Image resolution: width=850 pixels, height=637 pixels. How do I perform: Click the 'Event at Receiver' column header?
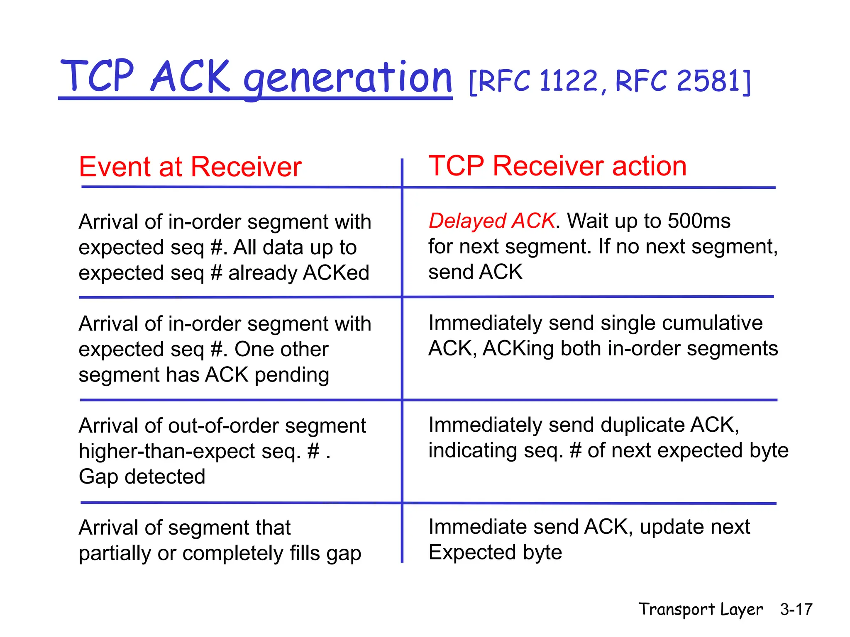tap(190, 167)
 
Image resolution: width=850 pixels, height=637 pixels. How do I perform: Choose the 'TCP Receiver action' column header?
tap(557, 166)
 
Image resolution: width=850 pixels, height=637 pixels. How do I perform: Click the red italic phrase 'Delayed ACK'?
tap(491, 221)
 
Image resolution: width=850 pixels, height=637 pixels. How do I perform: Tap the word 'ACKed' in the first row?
tap(336, 273)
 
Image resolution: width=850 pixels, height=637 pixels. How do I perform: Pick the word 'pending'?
tap(292, 375)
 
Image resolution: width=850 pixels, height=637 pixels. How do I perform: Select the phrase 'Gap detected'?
tap(142, 477)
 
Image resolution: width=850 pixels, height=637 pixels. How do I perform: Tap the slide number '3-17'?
tap(796, 609)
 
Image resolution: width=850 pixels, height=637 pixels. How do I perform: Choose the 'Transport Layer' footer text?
tap(700, 609)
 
